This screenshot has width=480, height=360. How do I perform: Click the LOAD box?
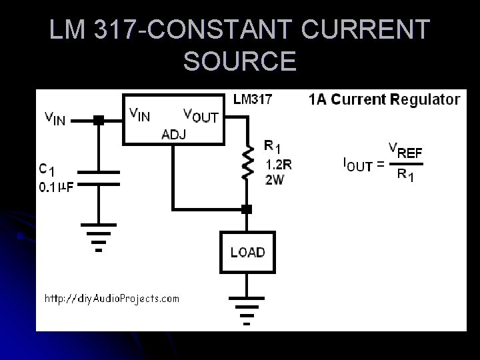(x=247, y=252)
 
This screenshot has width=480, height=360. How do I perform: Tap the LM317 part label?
(x=252, y=100)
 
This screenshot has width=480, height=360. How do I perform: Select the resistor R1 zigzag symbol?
(x=248, y=163)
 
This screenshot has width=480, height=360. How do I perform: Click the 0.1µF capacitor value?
(x=57, y=187)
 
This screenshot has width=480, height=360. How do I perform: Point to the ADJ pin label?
(x=174, y=135)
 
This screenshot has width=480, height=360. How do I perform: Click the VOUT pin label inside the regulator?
(x=201, y=115)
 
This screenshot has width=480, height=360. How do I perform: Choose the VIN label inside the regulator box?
(x=139, y=114)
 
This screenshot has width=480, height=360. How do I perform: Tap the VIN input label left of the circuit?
(x=55, y=119)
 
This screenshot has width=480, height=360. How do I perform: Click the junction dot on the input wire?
(x=99, y=121)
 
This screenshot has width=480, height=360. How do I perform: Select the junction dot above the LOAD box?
(x=247, y=209)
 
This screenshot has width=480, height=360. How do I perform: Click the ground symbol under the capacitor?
(x=99, y=236)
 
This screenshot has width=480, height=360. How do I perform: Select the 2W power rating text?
(x=274, y=180)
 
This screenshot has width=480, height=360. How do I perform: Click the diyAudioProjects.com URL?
(x=111, y=298)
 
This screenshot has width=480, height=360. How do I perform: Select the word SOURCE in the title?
(x=239, y=61)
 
